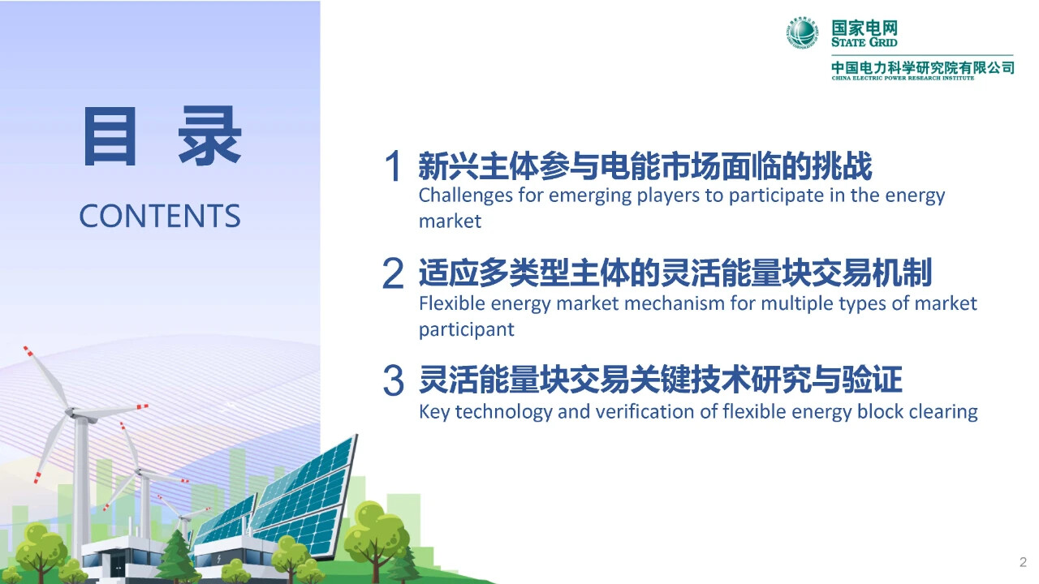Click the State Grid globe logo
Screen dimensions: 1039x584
pos(803,32)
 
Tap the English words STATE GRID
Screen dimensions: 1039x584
pos(864,42)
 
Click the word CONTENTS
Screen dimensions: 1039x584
pos(160,216)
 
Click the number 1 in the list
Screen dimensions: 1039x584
pos(393,166)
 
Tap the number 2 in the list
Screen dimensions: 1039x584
pos(393,273)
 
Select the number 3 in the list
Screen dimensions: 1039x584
pos(394,380)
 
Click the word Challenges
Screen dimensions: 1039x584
pos(466,195)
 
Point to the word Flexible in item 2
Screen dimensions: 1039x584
pos(452,303)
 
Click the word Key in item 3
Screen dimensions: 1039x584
pos(434,412)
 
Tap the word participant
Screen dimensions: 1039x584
pos(467,330)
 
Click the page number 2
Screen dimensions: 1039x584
pos(1023,562)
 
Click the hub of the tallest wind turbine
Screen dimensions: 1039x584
pos(71,411)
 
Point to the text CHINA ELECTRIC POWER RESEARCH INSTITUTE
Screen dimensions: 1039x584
pos(903,78)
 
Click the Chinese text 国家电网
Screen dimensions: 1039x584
pos(864,28)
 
